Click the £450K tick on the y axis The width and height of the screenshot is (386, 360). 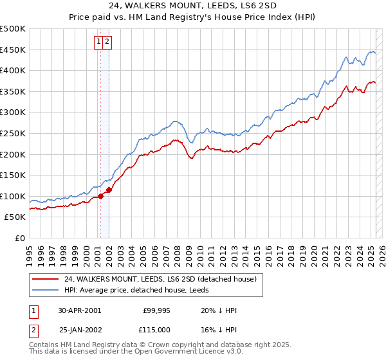[13, 50]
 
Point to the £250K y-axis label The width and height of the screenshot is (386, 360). [13, 133]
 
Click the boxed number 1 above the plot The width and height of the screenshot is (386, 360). [99, 42]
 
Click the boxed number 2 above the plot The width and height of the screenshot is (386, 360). [107, 42]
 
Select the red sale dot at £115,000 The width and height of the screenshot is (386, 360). [109, 190]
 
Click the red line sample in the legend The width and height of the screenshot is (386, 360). [46, 279]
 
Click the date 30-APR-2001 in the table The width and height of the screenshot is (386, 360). [79, 310]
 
